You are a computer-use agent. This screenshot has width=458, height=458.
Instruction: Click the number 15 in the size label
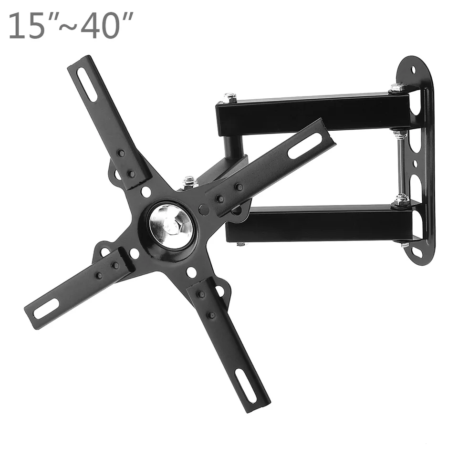point(26,26)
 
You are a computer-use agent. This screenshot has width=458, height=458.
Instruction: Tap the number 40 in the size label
point(99,26)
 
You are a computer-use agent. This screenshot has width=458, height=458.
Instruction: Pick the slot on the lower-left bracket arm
point(46,309)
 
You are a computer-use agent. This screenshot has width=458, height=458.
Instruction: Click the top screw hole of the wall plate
point(413,70)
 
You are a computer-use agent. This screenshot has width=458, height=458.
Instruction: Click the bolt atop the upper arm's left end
point(230,97)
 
